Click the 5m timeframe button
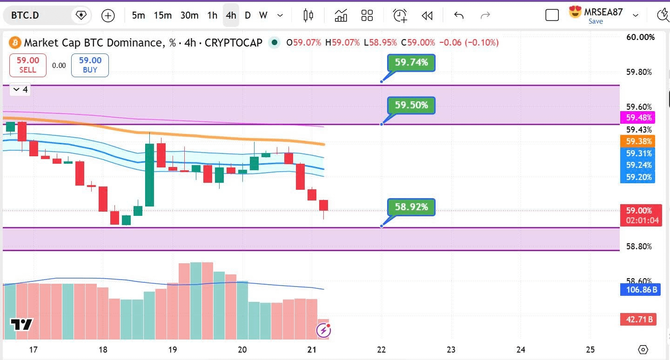coord(138,15)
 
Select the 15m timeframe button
coord(162,15)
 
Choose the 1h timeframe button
coord(212,15)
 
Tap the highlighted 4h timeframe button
coord(231,15)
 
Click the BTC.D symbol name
coord(25,15)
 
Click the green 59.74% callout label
coord(411,62)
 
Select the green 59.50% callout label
coord(411,105)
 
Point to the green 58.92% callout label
coord(411,207)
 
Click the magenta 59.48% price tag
coord(638,117)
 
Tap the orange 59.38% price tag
coord(638,141)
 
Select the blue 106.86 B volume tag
coord(640,290)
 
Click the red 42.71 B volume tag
coord(638,320)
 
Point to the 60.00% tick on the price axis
coord(640,37)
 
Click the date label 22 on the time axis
coord(382,350)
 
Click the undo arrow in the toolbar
coord(459,15)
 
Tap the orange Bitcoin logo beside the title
coord(15,42)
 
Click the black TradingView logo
coord(21,325)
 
